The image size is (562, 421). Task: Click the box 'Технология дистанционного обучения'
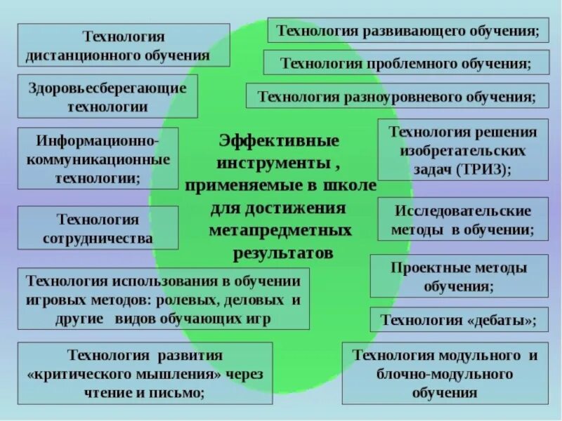point(124,45)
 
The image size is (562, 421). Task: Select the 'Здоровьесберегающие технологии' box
point(107,97)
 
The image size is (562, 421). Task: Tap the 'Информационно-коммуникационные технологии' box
point(98,159)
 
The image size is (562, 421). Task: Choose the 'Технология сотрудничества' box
point(98,228)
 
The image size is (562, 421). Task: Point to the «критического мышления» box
point(145,373)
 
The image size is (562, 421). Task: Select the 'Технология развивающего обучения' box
point(407,31)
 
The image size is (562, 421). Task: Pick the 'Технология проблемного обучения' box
point(405,63)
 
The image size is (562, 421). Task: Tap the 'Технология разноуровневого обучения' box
point(397,96)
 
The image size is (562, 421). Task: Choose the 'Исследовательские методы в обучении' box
point(462,220)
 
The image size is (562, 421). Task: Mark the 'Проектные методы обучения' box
point(458,276)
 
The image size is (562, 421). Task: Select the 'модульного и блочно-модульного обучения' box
point(445,373)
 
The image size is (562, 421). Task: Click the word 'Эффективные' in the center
point(279,141)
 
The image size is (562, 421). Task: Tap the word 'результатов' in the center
point(281,253)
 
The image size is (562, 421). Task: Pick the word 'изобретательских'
point(462,151)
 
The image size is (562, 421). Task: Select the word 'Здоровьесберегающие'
point(107,88)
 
